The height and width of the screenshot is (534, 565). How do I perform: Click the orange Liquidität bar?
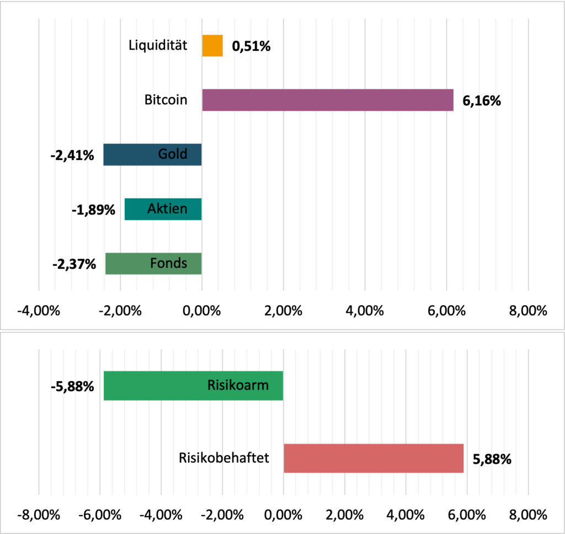(x=212, y=46)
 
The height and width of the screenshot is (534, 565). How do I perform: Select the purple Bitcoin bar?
(x=327, y=100)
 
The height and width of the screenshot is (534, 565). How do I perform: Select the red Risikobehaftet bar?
(x=374, y=458)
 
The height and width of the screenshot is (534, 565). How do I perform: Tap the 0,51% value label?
(x=251, y=47)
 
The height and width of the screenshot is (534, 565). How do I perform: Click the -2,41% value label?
(x=72, y=156)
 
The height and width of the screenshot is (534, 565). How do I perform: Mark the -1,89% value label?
(x=93, y=210)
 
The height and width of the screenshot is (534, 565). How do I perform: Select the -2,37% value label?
(x=73, y=265)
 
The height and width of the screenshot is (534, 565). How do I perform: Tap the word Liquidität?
(x=158, y=45)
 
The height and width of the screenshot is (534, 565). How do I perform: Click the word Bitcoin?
(x=166, y=100)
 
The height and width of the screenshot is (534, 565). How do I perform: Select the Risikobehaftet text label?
(x=224, y=458)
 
